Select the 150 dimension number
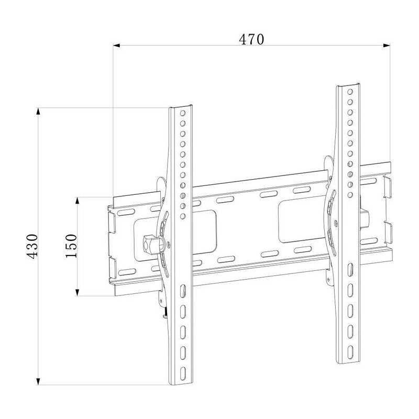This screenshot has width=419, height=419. [71, 245]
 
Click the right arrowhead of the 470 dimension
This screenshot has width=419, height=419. [388, 46]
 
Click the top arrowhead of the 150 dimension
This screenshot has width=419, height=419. [78, 201]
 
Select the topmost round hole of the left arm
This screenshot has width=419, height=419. [183, 113]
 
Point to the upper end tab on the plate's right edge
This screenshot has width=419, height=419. [388, 188]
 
